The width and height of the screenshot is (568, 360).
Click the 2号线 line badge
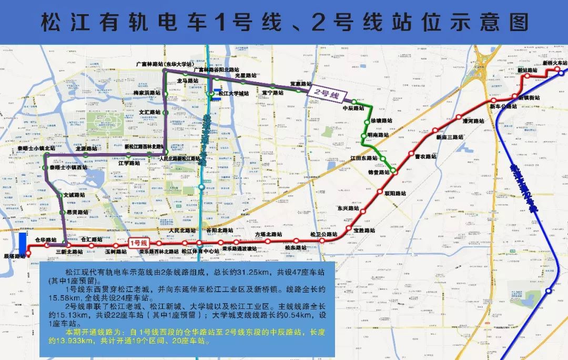[x=327, y=95]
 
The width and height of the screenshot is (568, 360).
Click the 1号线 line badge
[x=138, y=243]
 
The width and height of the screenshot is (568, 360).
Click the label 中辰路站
[x=353, y=108]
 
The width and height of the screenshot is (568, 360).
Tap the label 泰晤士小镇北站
[x=36, y=148]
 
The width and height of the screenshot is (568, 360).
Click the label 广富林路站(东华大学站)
[x=164, y=64]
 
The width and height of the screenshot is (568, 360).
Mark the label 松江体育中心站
[x=200, y=252]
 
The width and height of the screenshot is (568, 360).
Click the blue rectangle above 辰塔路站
[x=22, y=243]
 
